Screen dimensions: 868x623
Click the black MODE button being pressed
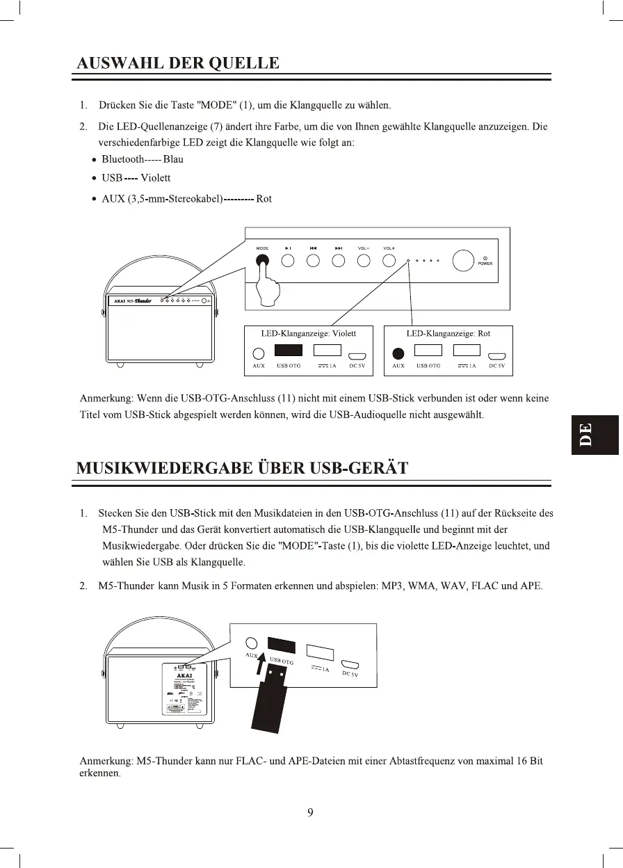pos(262,262)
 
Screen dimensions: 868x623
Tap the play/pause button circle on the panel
pos(288,262)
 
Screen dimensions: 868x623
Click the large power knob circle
pos(463,261)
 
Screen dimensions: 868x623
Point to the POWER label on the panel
pos(485,264)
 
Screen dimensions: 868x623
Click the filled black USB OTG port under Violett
pos(289,351)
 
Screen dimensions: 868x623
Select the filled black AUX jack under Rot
pos(398,353)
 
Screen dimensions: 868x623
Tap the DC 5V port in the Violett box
pos(357,354)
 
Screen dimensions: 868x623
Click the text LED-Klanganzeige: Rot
pos(448,334)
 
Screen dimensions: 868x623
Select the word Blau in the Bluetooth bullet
pos(173,159)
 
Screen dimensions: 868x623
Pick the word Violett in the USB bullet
pos(155,179)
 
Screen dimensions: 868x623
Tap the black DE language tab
pos(594,435)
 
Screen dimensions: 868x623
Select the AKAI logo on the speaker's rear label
pos(185,674)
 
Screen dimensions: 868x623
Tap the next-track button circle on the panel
pos(339,262)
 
